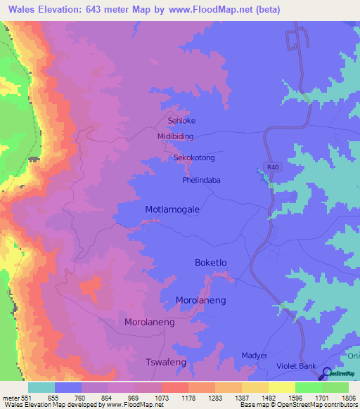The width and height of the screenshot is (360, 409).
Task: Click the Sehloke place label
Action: pyautogui.click(x=181, y=121)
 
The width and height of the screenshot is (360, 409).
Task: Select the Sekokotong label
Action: pyautogui.click(x=194, y=158)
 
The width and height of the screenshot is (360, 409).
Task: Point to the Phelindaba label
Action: pyautogui.click(x=201, y=180)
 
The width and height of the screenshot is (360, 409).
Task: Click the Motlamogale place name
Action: pyautogui.click(x=172, y=210)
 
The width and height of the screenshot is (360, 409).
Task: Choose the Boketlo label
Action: pyautogui.click(x=212, y=262)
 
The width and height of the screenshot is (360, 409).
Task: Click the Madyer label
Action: pyautogui.click(x=255, y=356)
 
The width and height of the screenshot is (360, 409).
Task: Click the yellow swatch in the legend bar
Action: pyautogui.click(x=281, y=387)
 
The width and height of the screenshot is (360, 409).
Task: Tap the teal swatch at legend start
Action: pyautogui.click(x=41, y=387)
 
